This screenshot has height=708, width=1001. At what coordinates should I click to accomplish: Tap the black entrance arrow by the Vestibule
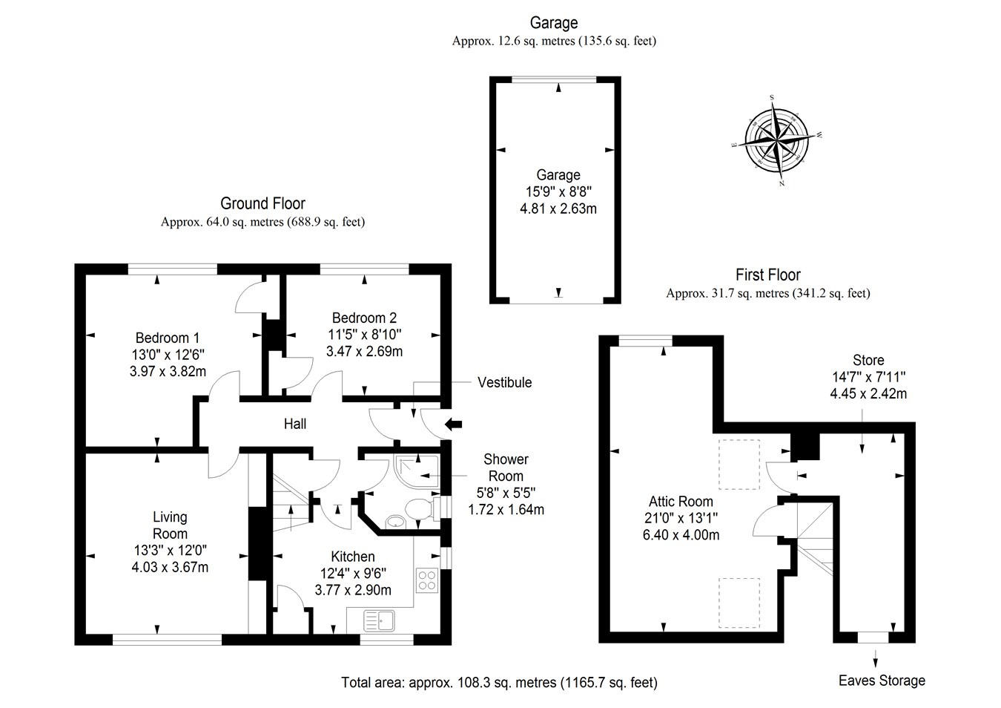point(453,425)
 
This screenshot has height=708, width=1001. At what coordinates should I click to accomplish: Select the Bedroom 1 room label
point(167,338)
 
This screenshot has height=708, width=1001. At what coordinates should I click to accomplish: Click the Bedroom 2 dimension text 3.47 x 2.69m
point(364,351)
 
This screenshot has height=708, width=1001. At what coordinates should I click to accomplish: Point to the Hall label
point(295,424)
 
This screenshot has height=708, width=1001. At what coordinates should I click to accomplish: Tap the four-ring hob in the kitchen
point(426,579)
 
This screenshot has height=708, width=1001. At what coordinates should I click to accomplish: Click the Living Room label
point(170,525)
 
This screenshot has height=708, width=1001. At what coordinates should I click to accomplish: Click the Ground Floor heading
point(262,203)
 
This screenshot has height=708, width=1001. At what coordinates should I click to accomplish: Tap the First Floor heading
point(767,275)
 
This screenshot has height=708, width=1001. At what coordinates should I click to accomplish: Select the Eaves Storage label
point(882,681)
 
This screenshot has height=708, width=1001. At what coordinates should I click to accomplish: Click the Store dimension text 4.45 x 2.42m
point(868,393)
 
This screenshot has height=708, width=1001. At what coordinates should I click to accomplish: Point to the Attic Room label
point(681,502)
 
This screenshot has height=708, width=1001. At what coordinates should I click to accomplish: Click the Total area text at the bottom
point(499,682)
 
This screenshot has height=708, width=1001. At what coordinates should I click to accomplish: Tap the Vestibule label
point(504,382)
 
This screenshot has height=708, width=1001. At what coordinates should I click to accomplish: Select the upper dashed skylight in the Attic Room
point(739,464)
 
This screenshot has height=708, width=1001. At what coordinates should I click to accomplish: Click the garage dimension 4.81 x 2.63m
point(558,209)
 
